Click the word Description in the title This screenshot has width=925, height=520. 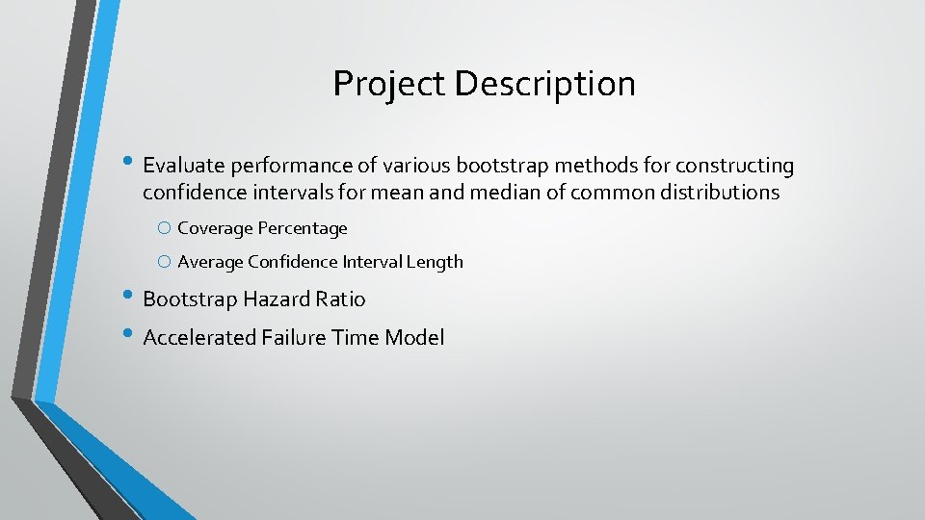544,85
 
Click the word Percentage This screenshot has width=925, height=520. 302,228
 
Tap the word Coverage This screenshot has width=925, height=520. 215,228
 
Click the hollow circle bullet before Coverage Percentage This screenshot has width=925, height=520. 165,229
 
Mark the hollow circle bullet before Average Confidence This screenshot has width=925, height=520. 165,262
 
